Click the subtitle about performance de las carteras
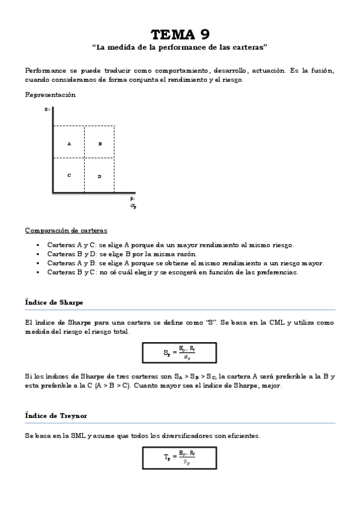pos(180,46)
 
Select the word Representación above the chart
pos(50,94)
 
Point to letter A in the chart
pos(69,144)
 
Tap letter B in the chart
pos(100,144)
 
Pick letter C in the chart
pos(69,175)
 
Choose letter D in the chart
pos(100,176)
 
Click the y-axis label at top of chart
pos(47,110)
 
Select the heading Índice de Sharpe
pos(54,302)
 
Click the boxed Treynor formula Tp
pos(180,458)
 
